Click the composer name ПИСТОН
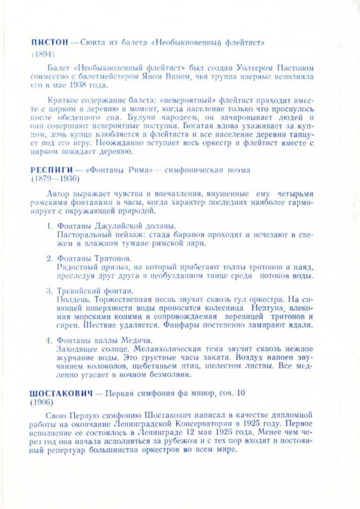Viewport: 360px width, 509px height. (47, 43)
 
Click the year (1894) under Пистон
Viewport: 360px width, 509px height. (42, 53)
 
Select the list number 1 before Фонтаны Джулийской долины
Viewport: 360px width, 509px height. (49, 226)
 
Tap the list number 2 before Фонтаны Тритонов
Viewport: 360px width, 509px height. (49, 258)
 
